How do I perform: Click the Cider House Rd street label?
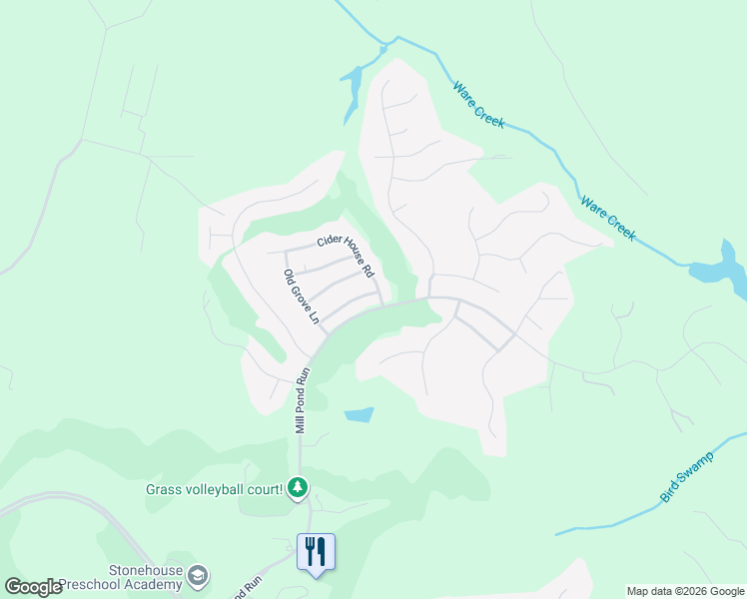tap(345, 255)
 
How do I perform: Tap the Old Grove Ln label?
tap(300, 298)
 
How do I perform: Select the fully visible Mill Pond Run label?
tap(302, 400)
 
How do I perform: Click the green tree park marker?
tap(298, 488)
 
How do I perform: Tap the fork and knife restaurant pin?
tap(316, 552)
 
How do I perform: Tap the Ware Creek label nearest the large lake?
tap(607, 218)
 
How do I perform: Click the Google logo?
tap(32, 587)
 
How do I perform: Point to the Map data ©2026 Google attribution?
tap(685, 591)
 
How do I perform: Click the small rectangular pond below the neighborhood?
tap(359, 414)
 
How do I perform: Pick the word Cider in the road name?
tap(331, 241)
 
